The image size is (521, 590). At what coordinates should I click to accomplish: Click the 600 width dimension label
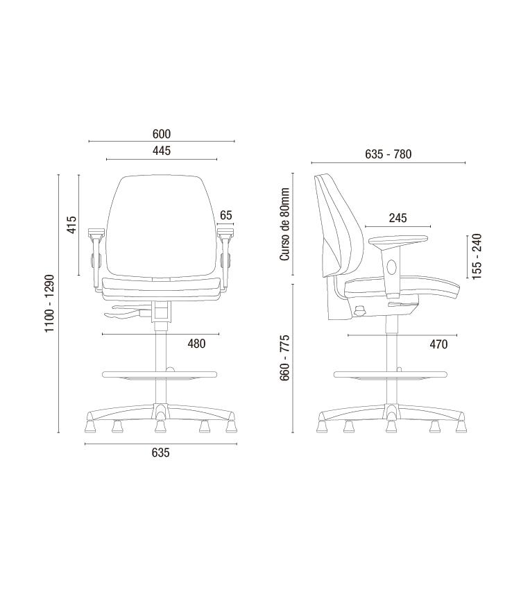(x=162, y=134)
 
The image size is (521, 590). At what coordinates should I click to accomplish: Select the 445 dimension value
(x=162, y=151)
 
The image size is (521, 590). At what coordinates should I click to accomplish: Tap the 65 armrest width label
(x=226, y=215)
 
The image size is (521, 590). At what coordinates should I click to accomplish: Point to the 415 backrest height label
(x=71, y=224)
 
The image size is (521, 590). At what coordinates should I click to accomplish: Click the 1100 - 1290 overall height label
(x=50, y=303)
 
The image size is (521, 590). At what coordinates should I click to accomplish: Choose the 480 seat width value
(x=197, y=344)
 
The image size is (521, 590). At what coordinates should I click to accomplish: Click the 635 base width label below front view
(x=161, y=453)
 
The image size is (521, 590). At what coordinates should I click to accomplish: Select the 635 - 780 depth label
(x=388, y=154)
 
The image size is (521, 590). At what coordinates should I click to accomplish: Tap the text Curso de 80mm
(x=284, y=224)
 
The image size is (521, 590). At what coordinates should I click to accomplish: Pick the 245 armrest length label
(x=398, y=218)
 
